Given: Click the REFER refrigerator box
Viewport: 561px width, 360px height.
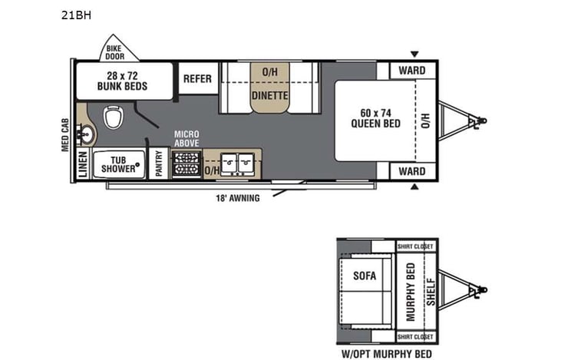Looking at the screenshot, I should [x=197, y=79].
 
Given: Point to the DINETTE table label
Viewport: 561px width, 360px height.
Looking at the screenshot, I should [x=269, y=96].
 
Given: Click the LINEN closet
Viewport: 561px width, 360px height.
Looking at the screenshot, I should [x=83, y=165].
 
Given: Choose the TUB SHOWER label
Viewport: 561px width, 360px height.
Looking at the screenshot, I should [x=119, y=164].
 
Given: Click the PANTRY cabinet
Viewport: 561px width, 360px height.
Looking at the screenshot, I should [x=160, y=163].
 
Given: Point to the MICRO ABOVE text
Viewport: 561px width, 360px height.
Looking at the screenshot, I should [x=186, y=138].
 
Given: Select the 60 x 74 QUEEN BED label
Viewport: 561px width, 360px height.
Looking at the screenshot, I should [x=376, y=118].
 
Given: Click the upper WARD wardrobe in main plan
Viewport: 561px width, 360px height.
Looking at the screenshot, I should [x=412, y=71].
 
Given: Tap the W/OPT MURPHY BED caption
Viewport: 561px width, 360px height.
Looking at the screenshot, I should [x=387, y=354].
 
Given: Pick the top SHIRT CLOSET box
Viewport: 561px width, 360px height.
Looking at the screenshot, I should [x=415, y=246].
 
